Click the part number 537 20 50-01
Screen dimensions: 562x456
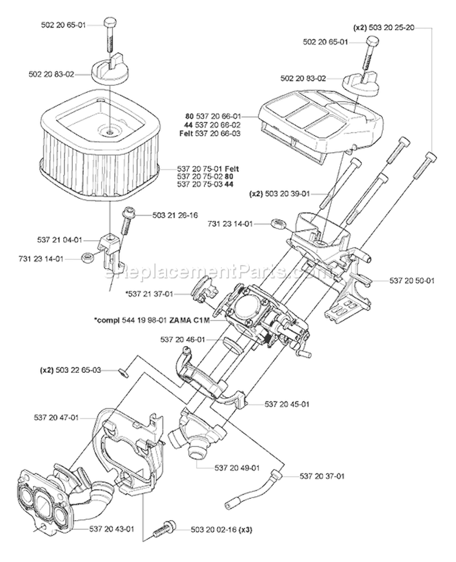click(x=395, y=281)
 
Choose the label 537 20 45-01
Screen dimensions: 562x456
click(x=288, y=403)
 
